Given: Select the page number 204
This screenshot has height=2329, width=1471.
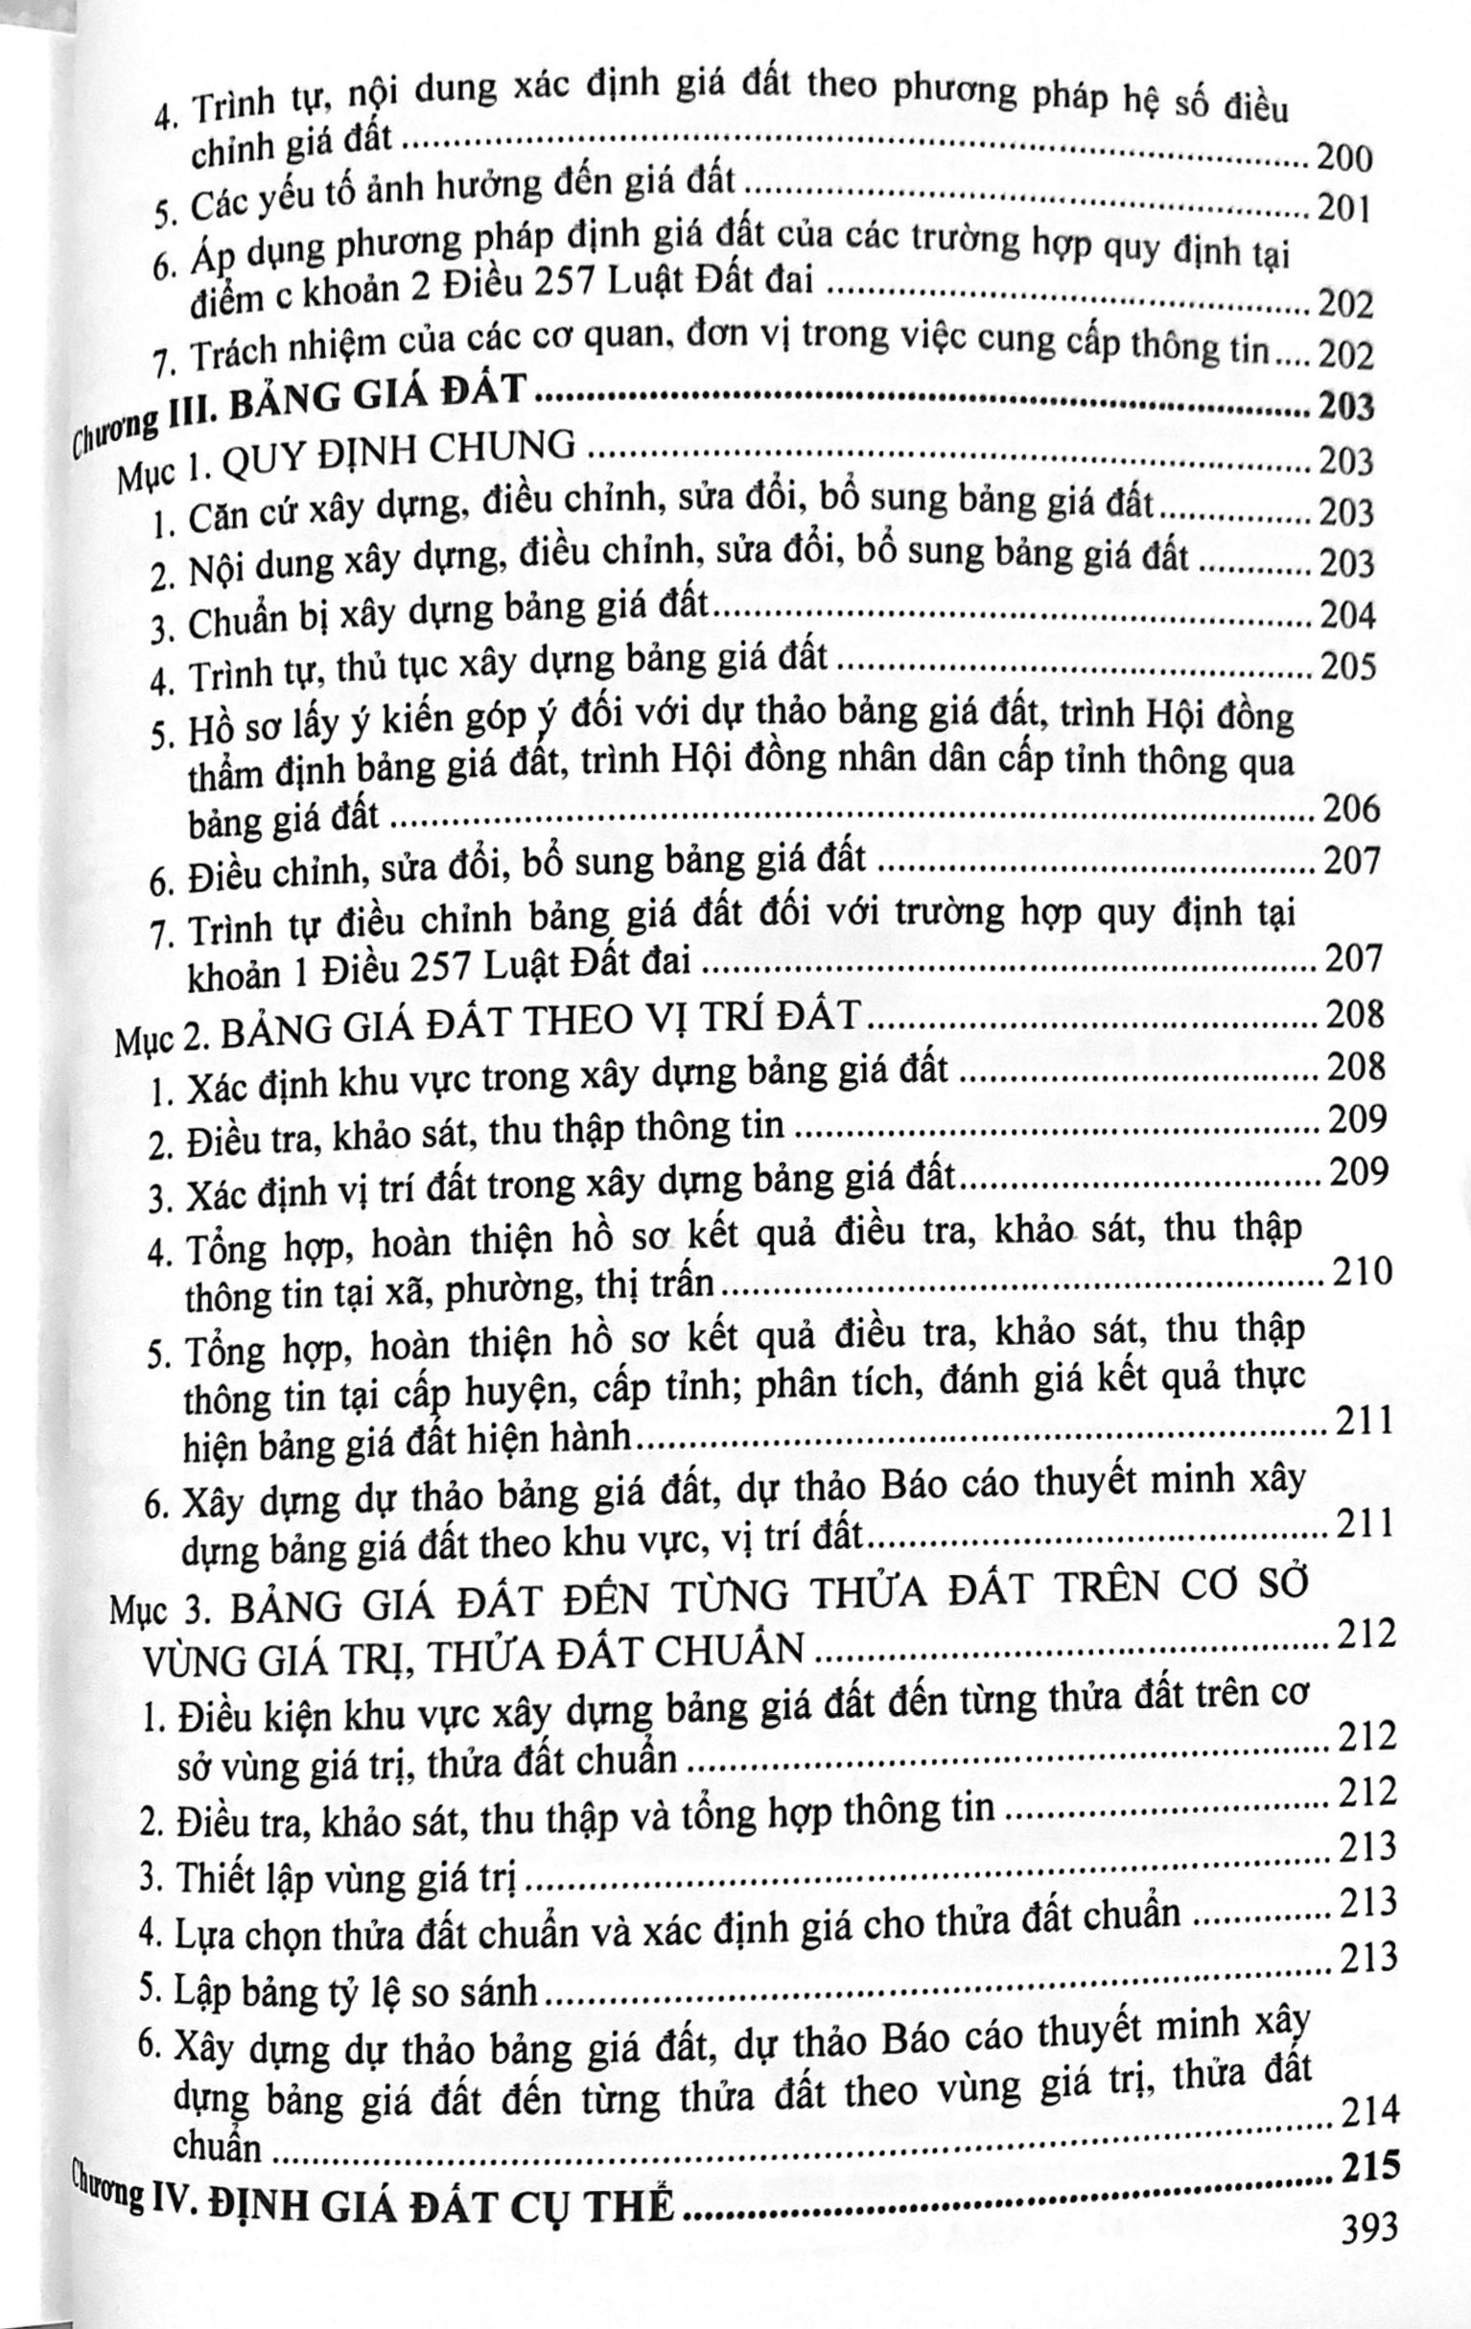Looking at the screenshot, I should point(1346,615).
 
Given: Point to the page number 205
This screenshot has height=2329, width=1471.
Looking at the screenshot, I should point(1347,667).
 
